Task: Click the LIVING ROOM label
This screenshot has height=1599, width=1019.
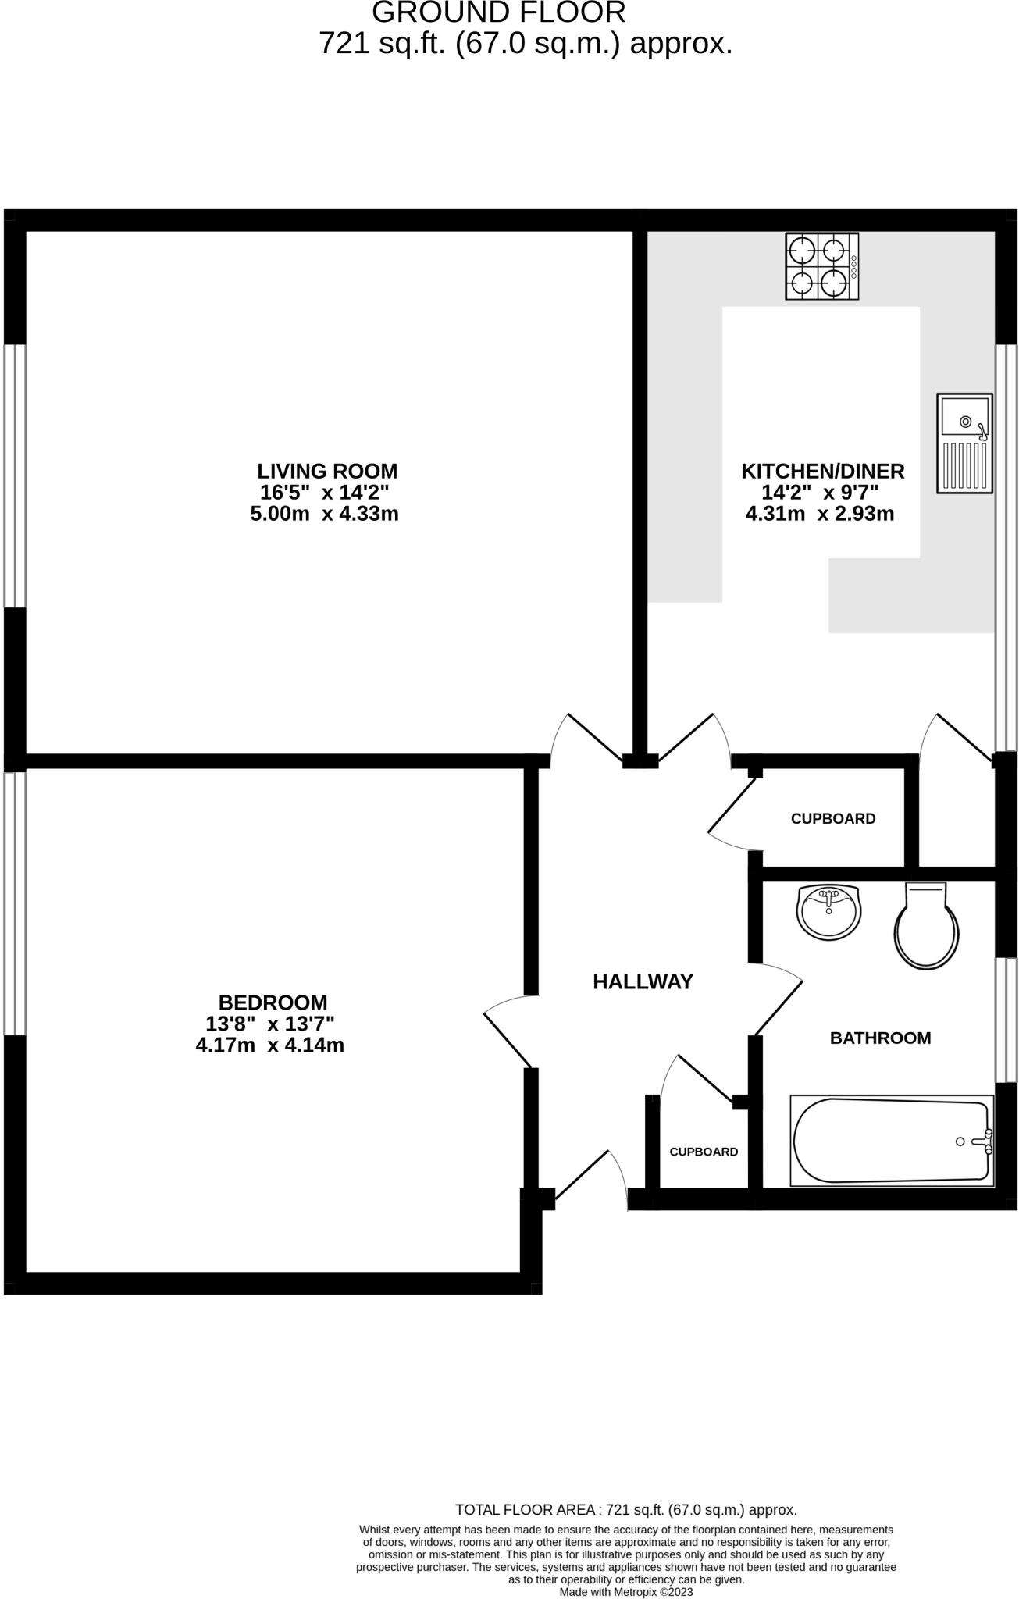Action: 327,472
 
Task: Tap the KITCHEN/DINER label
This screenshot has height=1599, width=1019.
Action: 822,472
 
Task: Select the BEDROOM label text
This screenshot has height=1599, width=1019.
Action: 273,1002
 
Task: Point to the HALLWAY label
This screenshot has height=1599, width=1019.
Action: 643,982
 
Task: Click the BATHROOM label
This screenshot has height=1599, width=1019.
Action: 880,1038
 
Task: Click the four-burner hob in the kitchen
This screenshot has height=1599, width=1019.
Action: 821,267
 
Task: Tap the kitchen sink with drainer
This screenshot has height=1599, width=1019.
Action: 964,443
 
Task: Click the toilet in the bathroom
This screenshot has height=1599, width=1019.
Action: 926,926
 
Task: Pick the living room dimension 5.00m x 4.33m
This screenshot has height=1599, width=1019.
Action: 324,514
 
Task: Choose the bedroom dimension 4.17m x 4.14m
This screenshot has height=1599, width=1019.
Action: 270,1045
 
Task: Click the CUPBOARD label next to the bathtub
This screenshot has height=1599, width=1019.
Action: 704,1152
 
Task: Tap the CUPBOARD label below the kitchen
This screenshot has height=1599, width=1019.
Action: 833,819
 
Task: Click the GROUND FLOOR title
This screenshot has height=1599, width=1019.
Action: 499,13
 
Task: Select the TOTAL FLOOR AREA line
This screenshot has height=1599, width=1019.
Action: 625,1510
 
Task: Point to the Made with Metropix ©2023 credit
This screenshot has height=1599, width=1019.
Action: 625,1591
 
